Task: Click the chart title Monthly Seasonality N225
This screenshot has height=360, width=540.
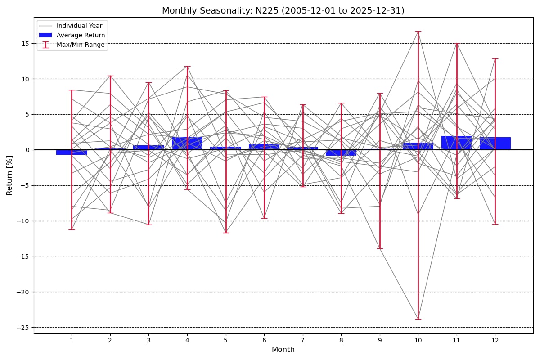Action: point(283,11)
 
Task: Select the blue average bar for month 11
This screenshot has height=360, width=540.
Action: point(457,143)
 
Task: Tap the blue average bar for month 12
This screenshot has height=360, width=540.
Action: point(495,144)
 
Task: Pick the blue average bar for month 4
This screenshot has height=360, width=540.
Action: point(187,144)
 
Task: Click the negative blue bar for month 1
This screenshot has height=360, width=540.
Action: point(72,153)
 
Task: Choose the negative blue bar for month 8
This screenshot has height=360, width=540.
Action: point(341,153)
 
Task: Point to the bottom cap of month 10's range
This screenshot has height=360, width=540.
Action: point(418,319)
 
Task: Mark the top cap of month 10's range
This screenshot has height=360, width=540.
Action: point(418,31)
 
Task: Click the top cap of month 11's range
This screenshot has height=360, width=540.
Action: point(457,43)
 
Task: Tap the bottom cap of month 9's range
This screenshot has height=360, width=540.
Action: point(380,248)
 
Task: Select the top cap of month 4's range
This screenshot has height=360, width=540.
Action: point(187,66)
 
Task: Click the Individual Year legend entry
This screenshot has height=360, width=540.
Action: point(71,26)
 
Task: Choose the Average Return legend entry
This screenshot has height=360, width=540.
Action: point(72,35)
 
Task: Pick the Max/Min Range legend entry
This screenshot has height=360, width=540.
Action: point(72,45)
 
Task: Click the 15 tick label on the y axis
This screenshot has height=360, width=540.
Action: point(25,44)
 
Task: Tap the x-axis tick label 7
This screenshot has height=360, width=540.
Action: point(302,340)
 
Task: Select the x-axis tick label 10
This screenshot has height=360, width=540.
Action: point(418,340)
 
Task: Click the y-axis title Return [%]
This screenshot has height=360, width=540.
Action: point(9,175)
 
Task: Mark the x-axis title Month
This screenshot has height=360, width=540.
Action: point(283,349)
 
